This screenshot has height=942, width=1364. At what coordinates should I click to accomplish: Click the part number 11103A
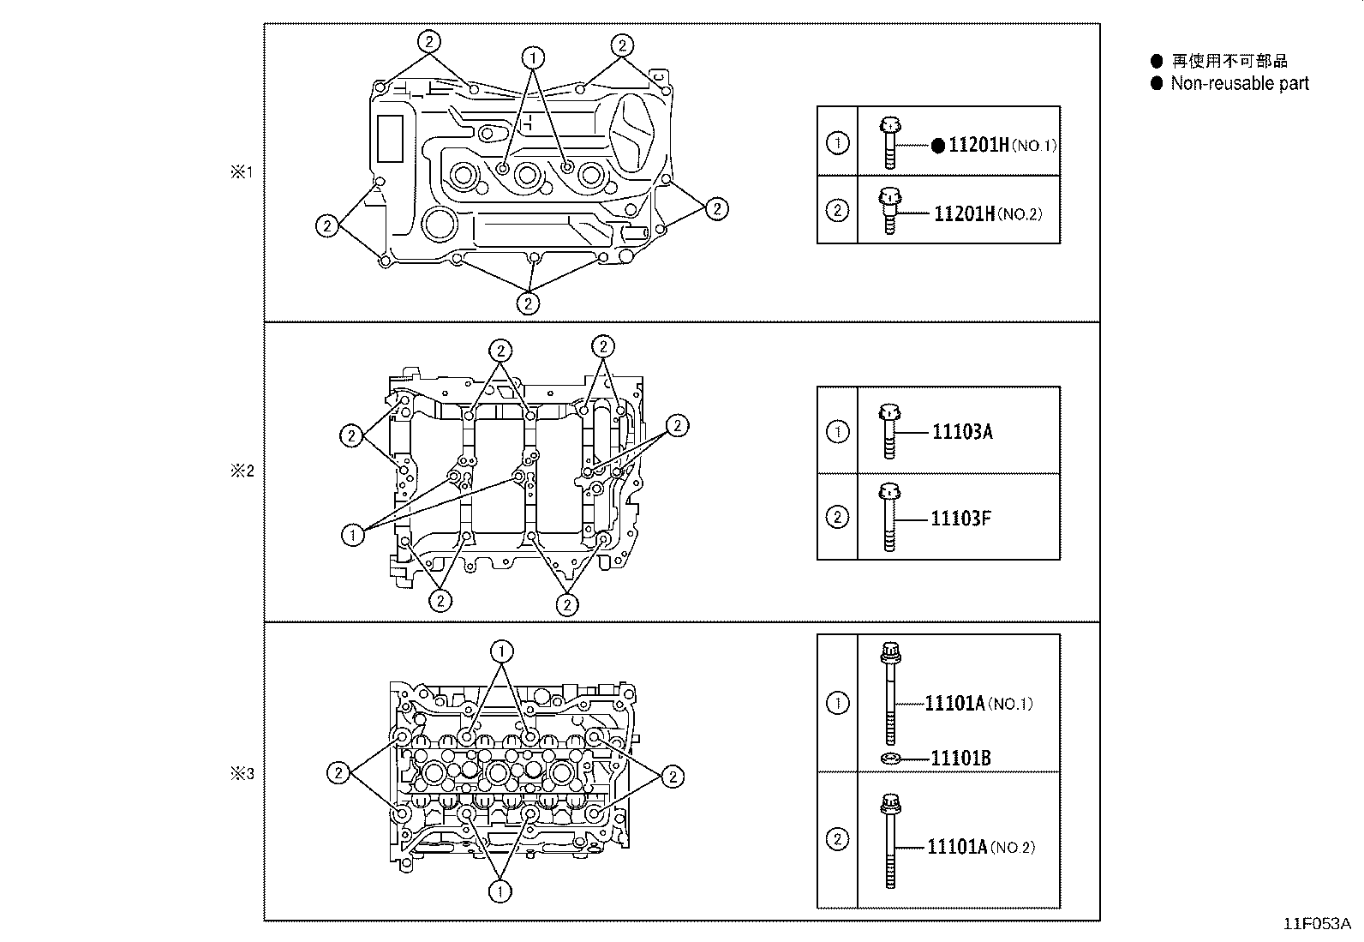click(962, 431)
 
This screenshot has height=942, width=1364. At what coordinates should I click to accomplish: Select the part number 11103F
click(960, 518)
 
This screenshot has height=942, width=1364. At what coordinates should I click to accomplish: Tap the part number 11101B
click(960, 758)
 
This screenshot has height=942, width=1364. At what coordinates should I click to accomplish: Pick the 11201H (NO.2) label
click(987, 213)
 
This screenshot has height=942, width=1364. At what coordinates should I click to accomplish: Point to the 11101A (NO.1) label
click(978, 704)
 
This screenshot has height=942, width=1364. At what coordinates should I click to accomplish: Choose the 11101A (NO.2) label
click(980, 847)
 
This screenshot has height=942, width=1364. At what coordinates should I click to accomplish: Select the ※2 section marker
click(242, 471)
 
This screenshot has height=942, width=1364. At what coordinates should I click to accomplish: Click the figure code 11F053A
click(1316, 924)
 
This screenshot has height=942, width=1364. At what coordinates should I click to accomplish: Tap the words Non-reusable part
click(1239, 83)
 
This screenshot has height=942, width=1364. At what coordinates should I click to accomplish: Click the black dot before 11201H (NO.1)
click(938, 146)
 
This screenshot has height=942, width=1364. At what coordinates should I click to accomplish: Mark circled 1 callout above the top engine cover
click(534, 57)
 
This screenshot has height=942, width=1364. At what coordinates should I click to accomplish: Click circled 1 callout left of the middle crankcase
click(352, 536)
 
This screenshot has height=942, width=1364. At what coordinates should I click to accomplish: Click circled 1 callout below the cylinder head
click(500, 891)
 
